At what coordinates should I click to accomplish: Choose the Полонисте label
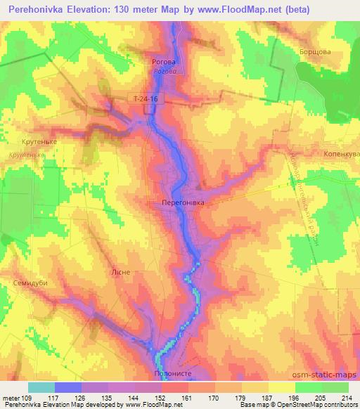pos(172,375)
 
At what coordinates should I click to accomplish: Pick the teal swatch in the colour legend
pos(41,387)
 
